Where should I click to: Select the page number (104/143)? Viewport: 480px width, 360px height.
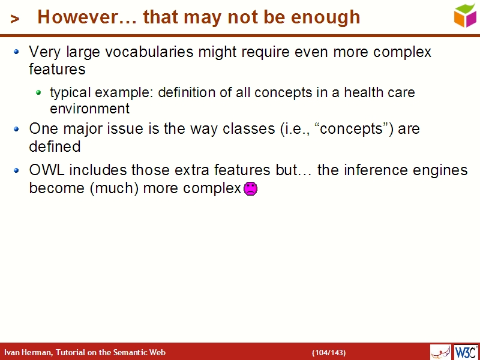click(329, 352)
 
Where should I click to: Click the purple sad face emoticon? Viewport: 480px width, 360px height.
click(251, 188)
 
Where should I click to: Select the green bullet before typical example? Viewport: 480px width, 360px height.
click(38, 92)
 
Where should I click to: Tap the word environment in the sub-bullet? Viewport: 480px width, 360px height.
click(89, 109)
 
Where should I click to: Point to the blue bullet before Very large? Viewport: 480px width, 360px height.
click(17, 52)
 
